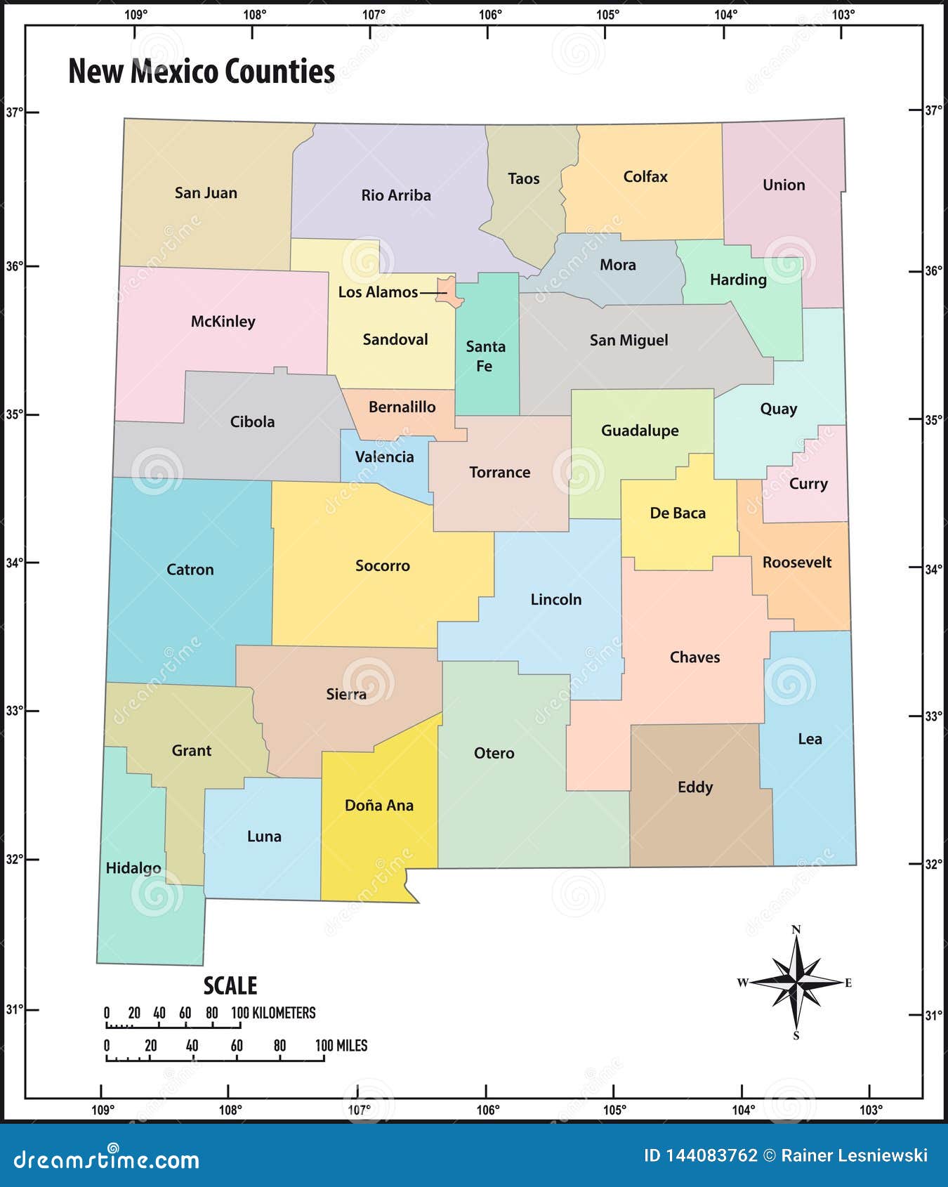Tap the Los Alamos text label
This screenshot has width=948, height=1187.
point(378,292)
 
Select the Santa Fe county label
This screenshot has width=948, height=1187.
point(485,356)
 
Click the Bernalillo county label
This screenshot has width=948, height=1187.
point(402,407)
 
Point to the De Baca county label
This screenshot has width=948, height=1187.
point(677,513)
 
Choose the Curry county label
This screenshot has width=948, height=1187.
point(808,483)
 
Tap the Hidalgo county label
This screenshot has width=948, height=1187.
point(133,868)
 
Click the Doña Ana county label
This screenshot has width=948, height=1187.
point(378,806)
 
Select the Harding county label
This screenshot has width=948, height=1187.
point(738,280)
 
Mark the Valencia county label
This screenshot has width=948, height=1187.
point(384,457)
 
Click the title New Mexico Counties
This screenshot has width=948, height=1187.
point(202,72)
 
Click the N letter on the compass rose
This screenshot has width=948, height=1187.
point(796,930)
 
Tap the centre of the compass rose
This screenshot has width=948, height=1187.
point(796,982)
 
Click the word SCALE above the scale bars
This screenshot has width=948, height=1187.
point(230,986)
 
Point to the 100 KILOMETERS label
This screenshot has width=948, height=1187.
point(274,1013)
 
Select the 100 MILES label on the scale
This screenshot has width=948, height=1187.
point(341,1046)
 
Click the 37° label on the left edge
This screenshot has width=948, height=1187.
point(14,112)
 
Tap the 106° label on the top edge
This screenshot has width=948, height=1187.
point(490,14)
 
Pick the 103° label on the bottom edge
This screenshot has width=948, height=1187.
point(871,1110)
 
